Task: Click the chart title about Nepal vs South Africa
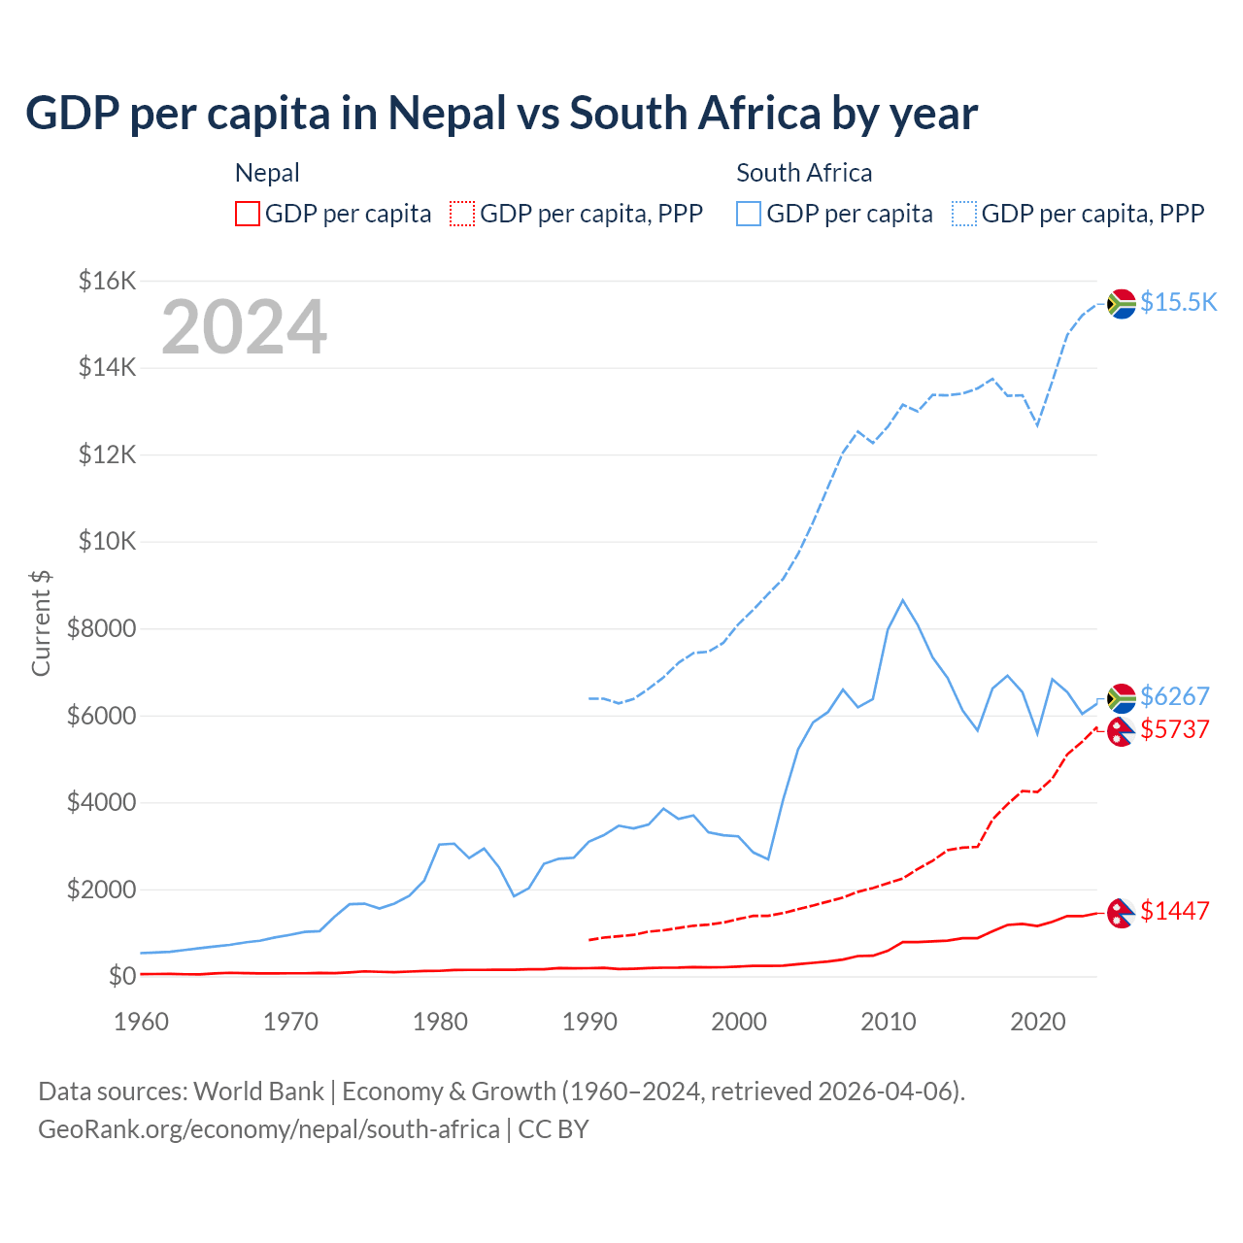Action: coord(501,114)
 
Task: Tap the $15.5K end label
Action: coord(1178,302)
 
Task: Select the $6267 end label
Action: coord(1174,696)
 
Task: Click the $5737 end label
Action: coord(1174,729)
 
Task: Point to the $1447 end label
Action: coord(1174,911)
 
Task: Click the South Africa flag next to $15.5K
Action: coord(1122,304)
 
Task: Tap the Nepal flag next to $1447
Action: coord(1122,913)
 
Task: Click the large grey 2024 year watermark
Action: coord(244,327)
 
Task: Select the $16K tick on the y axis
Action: coord(107,282)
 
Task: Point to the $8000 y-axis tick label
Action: coord(101,629)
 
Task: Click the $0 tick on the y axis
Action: coord(121,976)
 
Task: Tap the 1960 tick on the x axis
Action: coord(142,1022)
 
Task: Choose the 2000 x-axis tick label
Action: coord(739,1022)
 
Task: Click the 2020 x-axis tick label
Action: coord(1038,1022)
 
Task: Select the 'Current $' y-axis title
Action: coord(41,622)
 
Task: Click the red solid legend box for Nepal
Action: coord(248,214)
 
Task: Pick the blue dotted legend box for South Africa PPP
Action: coord(964,214)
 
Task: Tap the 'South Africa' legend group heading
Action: coord(804,173)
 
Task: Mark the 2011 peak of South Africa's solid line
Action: coord(903,600)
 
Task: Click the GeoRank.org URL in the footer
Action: coord(269,1129)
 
